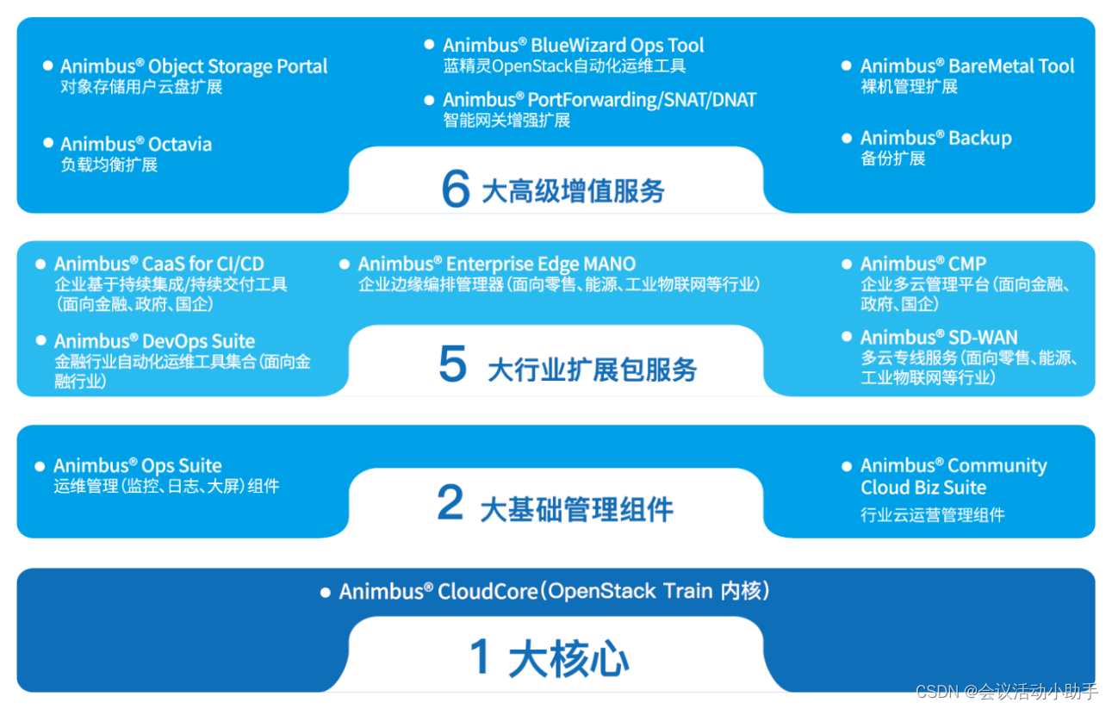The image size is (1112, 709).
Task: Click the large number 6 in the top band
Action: tap(456, 188)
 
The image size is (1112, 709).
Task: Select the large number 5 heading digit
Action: tap(452, 365)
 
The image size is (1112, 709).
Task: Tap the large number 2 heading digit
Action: tap(450, 503)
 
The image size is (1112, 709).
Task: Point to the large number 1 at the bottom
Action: tap(481, 658)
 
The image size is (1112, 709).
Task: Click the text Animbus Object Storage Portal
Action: tap(194, 66)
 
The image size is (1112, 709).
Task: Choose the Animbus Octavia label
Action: tap(136, 144)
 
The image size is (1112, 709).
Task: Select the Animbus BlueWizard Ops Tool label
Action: tap(573, 45)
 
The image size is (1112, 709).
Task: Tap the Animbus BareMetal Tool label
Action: tap(967, 66)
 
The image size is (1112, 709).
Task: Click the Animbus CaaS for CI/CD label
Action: tap(158, 264)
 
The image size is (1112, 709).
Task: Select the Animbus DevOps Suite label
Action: tap(154, 341)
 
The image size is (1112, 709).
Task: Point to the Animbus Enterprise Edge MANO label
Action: tap(496, 264)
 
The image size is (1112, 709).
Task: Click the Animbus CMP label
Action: tap(923, 264)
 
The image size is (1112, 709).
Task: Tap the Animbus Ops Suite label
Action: tap(138, 466)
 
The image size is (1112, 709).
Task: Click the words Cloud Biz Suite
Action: tap(923, 488)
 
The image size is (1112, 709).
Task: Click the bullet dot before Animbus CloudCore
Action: tap(325, 593)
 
